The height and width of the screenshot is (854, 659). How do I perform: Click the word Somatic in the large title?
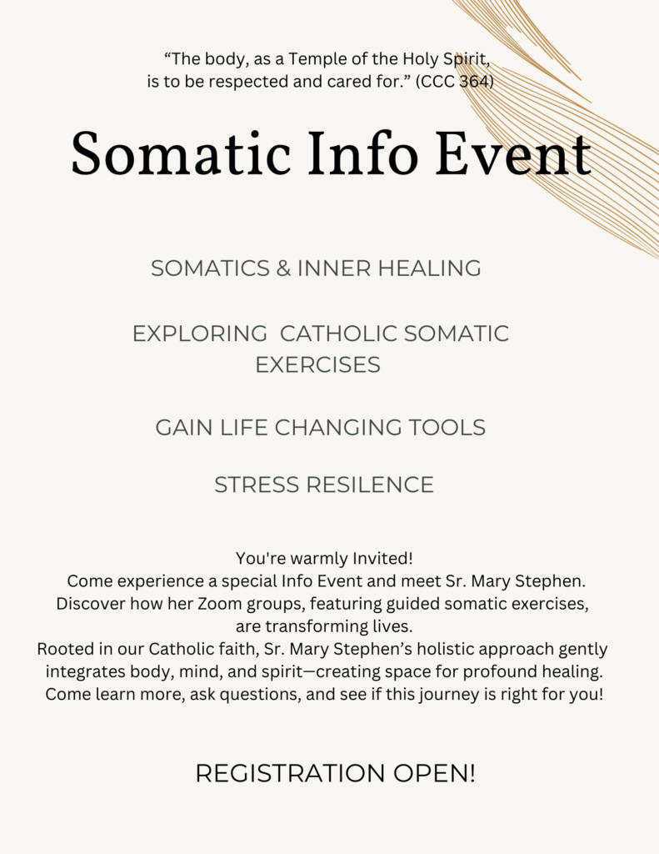[x=180, y=153]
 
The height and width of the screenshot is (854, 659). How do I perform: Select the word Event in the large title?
[x=513, y=153]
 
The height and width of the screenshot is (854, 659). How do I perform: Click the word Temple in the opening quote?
[x=315, y=59]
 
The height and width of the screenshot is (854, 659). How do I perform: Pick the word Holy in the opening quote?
[x=420, y=59]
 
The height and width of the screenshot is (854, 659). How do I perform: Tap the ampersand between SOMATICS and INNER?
[x=283, y=268]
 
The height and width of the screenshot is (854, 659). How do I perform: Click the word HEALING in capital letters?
[x=429, y=268]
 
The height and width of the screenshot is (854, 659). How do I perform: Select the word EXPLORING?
[x=200, y=334]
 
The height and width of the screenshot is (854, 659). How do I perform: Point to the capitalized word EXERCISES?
[x=317, y=365]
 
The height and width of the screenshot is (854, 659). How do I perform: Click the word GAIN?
[x=184, y=428]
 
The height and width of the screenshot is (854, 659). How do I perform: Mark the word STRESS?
[x=257, y=485]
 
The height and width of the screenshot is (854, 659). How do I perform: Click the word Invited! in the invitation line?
[x=383, y=558]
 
